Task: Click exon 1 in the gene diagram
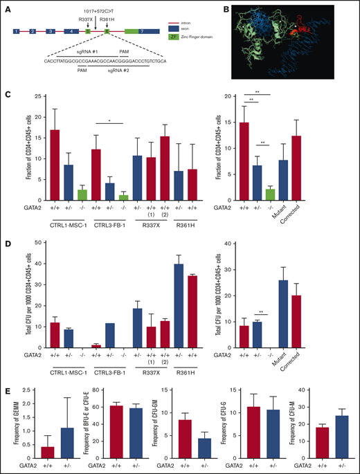click(15, 32)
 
